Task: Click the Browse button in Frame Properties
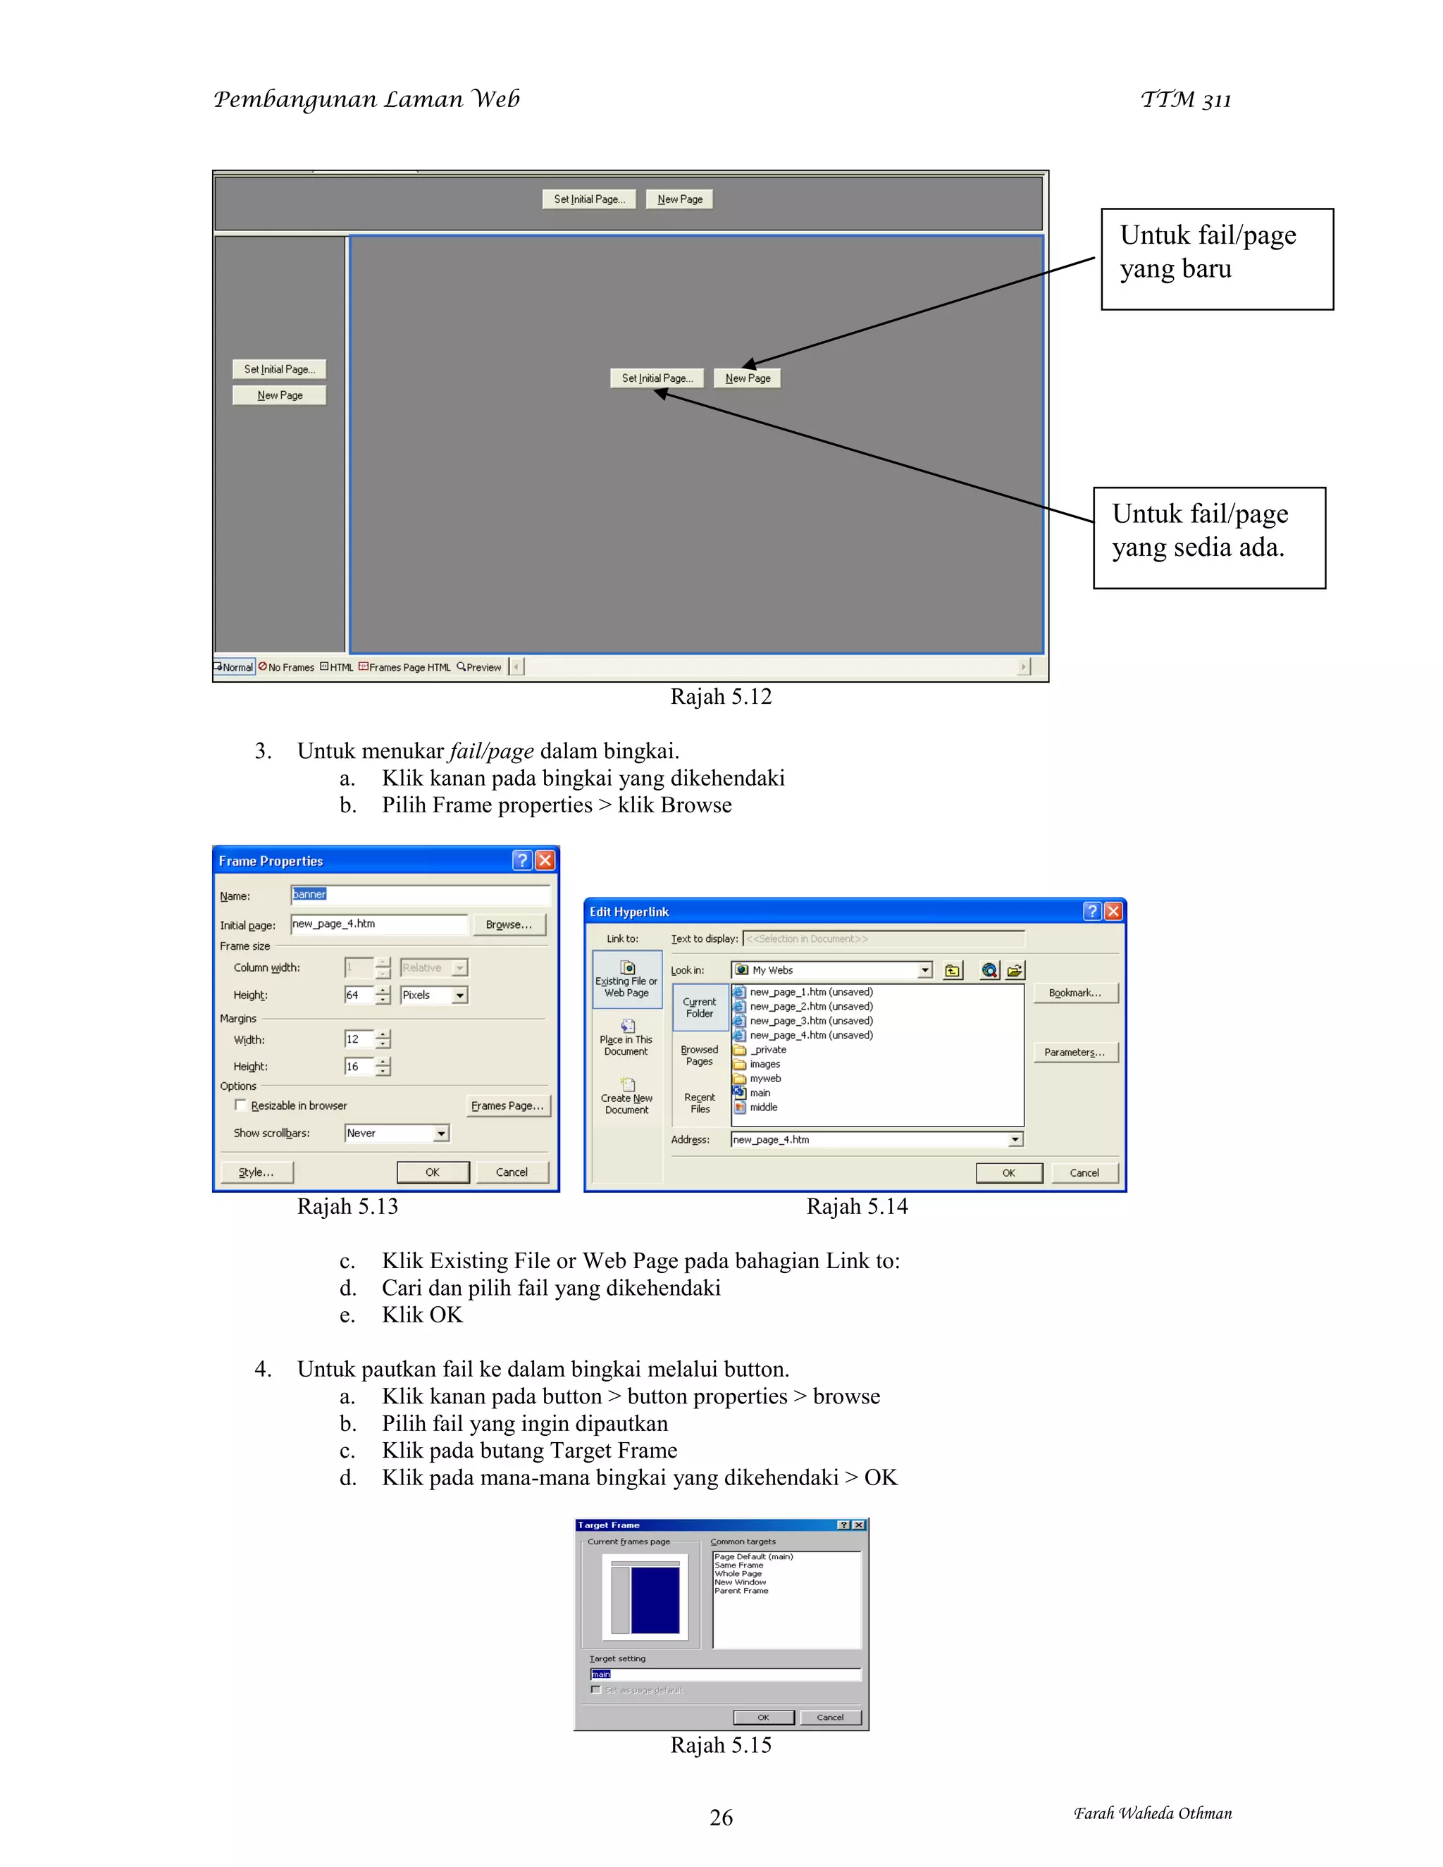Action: [509, 924]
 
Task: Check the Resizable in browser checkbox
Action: [240, 1105]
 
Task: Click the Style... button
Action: [256, 1172]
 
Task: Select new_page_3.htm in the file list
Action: [810, 1021]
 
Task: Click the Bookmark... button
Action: [1074, 993]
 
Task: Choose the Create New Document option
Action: [626, 1097]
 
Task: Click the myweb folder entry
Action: [765, 1078]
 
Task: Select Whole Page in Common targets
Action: [738, 1573]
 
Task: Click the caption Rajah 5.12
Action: [721, 697]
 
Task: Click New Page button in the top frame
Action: [680, 199]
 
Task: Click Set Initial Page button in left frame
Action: [280, 369]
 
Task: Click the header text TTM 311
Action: [1186, 100]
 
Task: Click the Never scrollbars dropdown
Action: [397, 1133]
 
